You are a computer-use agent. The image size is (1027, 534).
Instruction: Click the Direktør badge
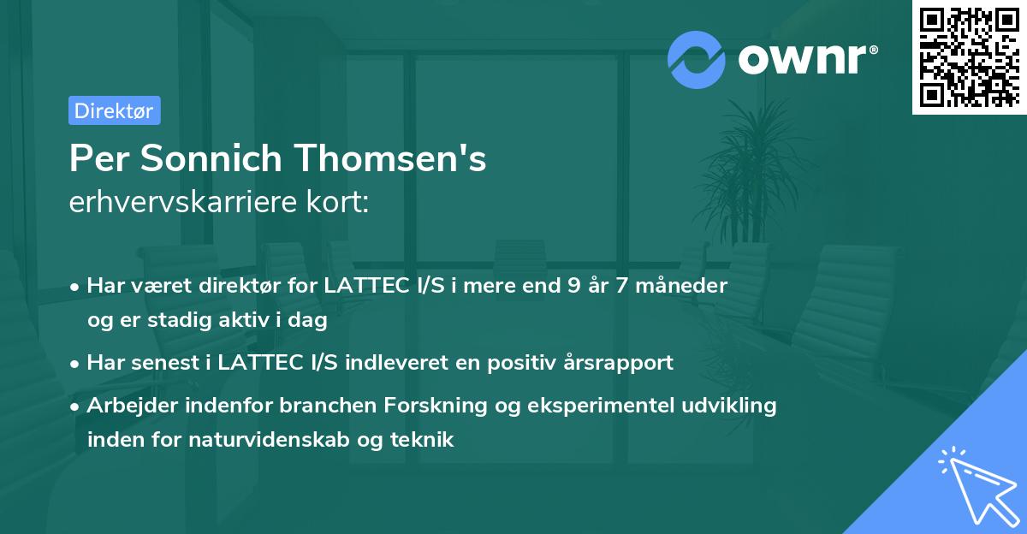[x=114, y=110]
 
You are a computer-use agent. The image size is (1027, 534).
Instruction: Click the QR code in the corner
[x=969, y=56]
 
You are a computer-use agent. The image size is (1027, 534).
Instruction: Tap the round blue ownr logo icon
[x=696, y=58]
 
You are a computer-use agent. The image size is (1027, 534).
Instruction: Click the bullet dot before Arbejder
[x=76, y=406]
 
